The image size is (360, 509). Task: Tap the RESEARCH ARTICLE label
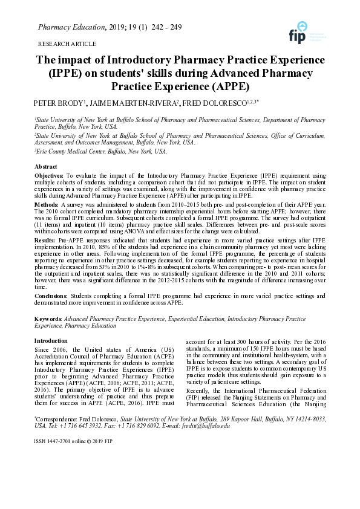point(67,44)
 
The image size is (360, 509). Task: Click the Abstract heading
point(46,166)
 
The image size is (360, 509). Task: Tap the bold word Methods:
point(47,205)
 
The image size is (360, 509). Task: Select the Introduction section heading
point(51,341)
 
